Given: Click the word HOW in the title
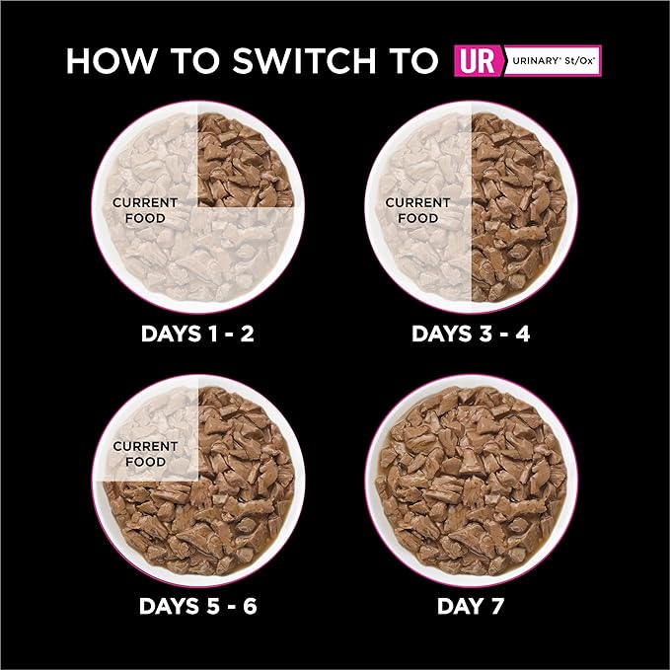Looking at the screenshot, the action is [x=112, y=60].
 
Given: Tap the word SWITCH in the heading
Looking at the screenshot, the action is [x=303, y=60].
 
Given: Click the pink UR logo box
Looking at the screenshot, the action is [x=478, y=60].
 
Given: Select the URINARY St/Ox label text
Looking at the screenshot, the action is [x=554, y=60].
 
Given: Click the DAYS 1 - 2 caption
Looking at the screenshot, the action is [x=197, y=334].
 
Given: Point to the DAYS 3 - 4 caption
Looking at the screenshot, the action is [x=471, y=334].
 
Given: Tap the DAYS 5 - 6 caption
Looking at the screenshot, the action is [x=197, y=606].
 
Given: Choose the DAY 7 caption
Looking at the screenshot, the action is [x=471, y=606].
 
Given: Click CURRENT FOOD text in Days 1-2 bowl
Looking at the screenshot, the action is [x=145, y=210].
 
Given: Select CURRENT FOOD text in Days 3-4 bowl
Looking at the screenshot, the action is [x=417, y=210].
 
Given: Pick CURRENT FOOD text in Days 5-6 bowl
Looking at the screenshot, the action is [x=145, y=454].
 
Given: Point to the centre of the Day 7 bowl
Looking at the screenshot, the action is [x=472, y=481].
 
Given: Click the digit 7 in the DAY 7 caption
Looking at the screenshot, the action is [x=496, y=606].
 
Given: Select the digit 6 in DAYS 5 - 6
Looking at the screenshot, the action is [x=250, y=606].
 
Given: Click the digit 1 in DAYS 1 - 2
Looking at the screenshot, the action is [x=213, y=334].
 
